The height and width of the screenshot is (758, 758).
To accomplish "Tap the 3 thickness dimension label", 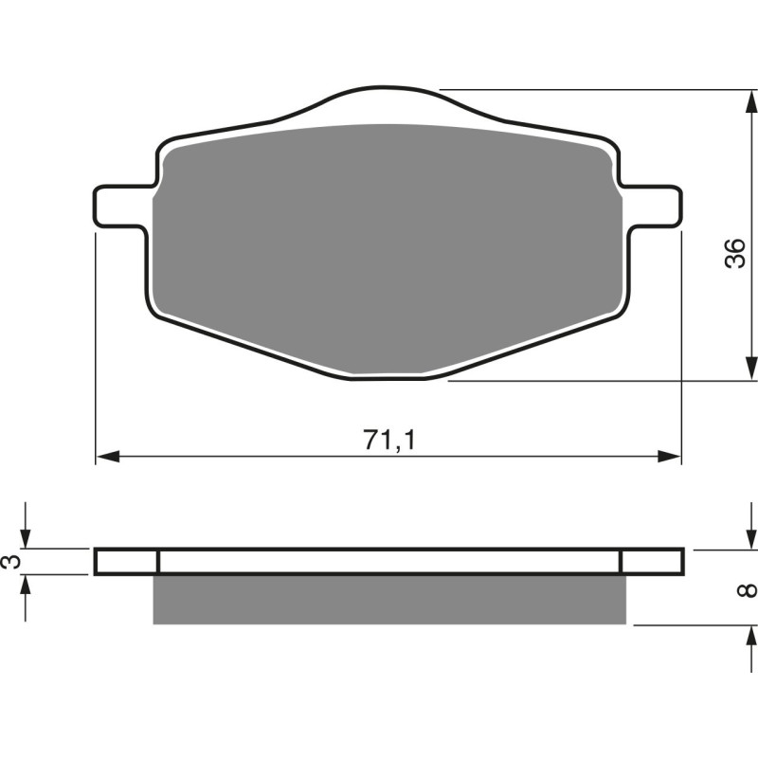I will [10, 562].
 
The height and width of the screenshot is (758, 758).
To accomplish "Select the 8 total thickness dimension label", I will [748, 589].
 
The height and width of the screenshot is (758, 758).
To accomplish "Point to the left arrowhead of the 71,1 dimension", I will [106, 457].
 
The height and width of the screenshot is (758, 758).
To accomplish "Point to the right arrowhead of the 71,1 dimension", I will [671, 457].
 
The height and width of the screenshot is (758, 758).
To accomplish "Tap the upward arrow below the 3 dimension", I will [27, 587].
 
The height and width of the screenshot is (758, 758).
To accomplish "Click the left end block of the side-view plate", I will [127, 562].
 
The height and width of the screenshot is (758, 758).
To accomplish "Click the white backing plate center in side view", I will [389, 562].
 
